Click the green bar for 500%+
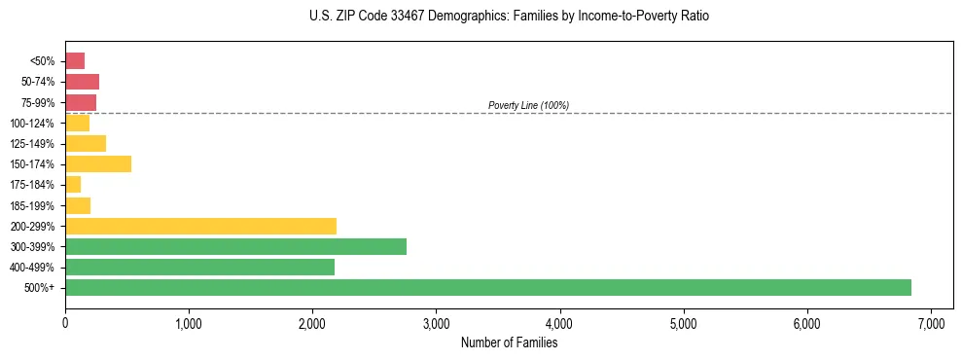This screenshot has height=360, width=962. click(487, 287)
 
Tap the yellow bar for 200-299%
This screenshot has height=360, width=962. click(200, 226)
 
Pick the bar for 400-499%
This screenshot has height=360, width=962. click(199, 267)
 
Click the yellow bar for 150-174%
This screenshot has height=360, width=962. click(98, 164)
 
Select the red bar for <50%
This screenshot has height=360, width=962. click(75, 61)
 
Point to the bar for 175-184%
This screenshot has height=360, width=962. click(73, 185)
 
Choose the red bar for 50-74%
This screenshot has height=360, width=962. click(82, 82)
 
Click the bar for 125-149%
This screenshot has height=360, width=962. click(86, 144)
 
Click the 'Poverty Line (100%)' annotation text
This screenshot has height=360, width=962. click(528, 105)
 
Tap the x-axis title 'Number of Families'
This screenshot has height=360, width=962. click(509, 342)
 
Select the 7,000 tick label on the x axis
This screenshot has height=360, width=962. click(931, 322)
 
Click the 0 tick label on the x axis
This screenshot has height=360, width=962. click(65, 322)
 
